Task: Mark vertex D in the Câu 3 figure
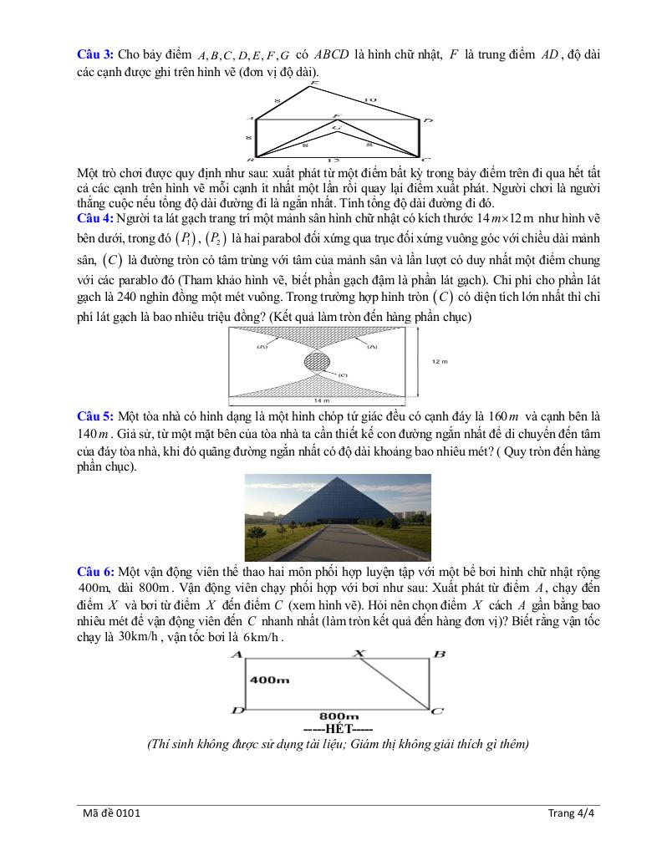pyautogui.click(x=427, y=121)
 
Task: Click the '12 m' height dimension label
pyautogui.click(x=440, y=361)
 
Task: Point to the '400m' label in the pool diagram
pyautogui.click(x=270, y=680)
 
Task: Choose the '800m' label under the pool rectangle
pyautogui.click(x=339, y=716)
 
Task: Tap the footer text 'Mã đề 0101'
pyautogui.click(x=105, y=812)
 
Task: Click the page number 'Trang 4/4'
pyautogui.click(x=570, y=812)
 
